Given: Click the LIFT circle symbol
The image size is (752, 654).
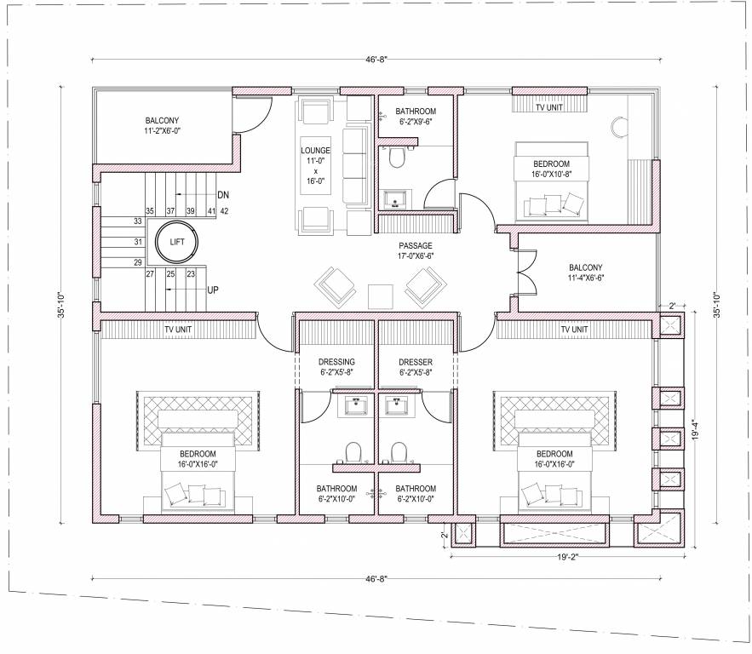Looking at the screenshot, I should (x=177, y=242).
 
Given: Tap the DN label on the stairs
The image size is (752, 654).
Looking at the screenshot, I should (x=223, y=194).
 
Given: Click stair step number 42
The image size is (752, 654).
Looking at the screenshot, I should (x=225, y=210).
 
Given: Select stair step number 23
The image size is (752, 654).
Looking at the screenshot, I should (x=191, y=273).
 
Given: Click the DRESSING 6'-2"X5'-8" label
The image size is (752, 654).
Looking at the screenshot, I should (x=336, y=367).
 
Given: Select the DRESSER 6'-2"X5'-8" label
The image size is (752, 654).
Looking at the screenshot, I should (x=416, y=367).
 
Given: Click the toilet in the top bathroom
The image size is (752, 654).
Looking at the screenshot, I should (x=394, y=157).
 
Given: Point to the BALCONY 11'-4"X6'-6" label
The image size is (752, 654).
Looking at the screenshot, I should (x=586, y=272).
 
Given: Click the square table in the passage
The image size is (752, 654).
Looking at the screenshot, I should (x=380, y=295).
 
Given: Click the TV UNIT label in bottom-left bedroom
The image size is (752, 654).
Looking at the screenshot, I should (x=179, y=329).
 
